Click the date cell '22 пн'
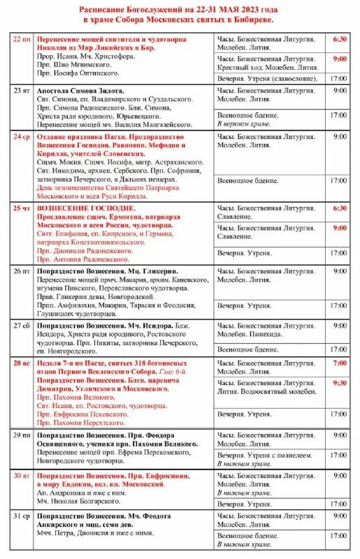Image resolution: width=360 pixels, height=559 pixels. click(22, 40)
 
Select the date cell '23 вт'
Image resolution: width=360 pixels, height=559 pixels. click(22, 91)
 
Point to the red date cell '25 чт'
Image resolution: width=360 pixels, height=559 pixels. click(22, 208)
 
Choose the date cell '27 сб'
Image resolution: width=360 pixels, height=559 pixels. click(22, 325)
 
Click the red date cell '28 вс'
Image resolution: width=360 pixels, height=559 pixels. click(22, 363)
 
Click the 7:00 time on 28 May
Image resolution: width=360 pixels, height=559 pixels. click(339, 363)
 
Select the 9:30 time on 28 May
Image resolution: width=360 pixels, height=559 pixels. click(339, 383)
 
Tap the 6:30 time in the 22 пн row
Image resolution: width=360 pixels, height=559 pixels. click(339, 40)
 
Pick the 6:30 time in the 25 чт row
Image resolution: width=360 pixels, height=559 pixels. click(339, 208)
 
